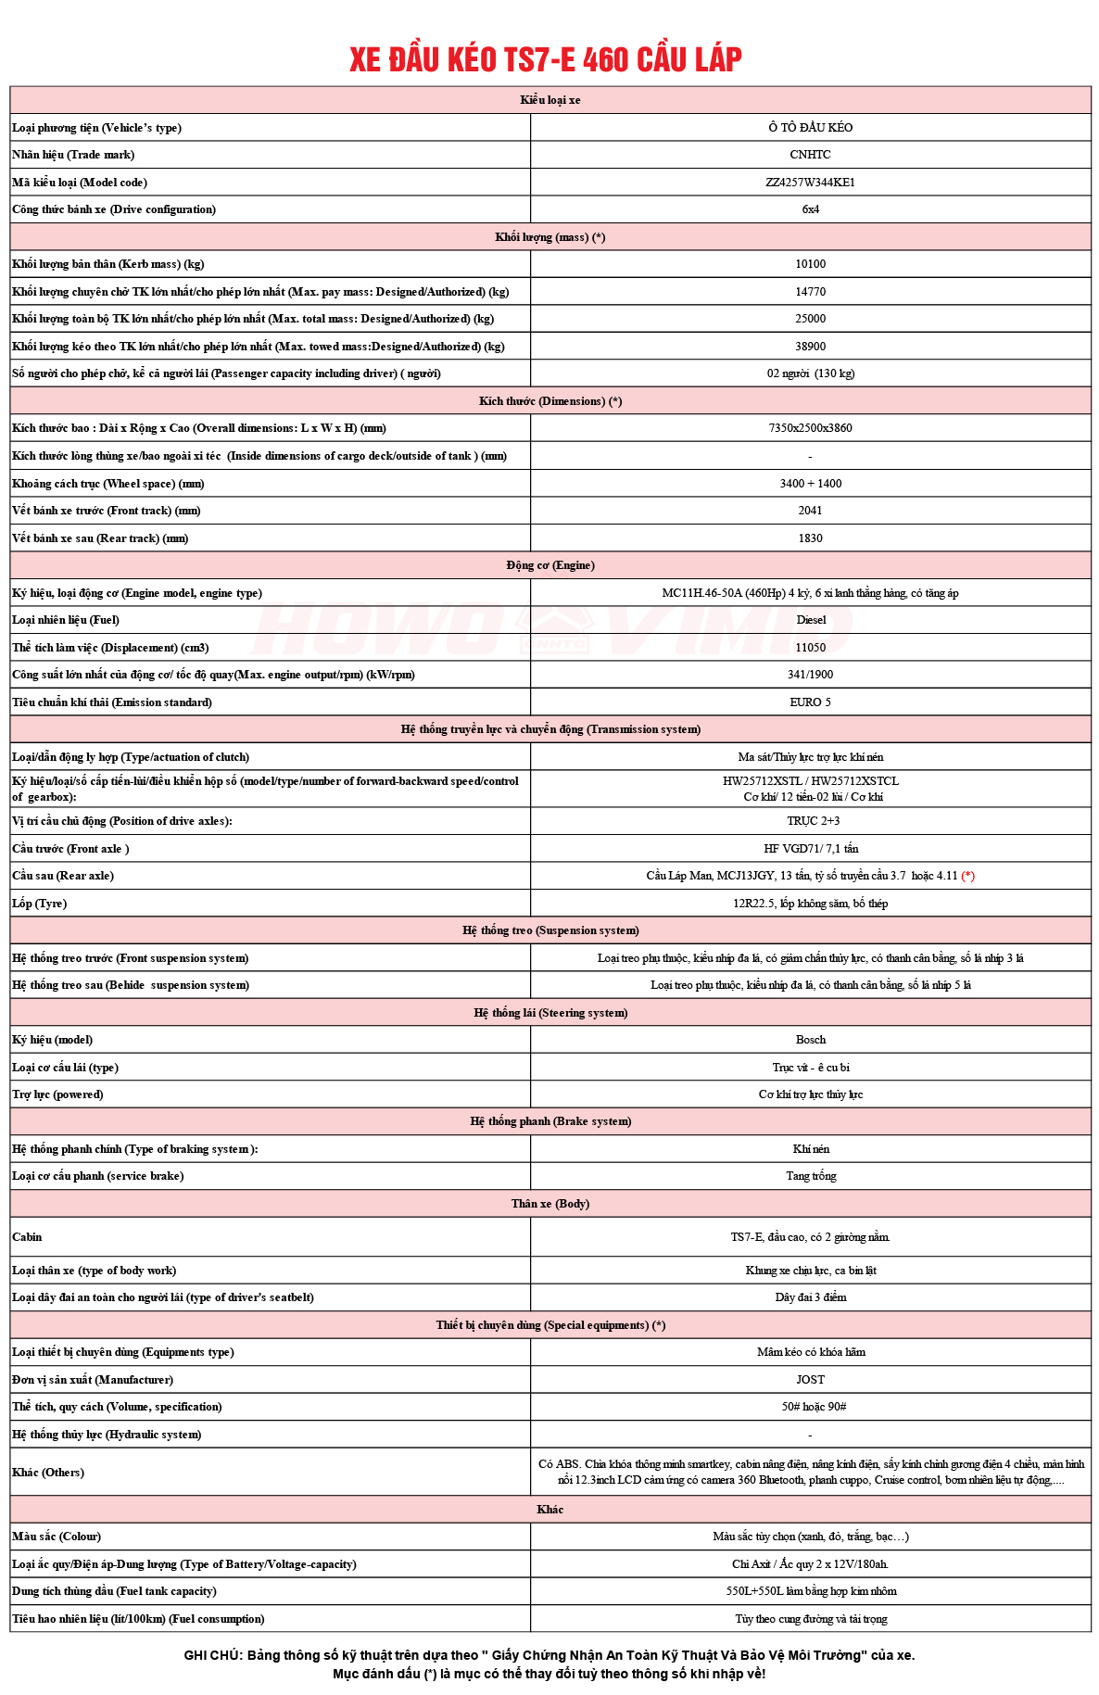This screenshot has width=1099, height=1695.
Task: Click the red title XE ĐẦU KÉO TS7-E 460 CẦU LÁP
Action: point(546,59)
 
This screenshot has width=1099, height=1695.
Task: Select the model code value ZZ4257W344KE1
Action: point(810,183)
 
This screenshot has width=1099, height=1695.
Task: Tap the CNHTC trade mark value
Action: point(810,155)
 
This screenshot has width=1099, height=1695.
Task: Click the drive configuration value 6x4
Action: point(810,209)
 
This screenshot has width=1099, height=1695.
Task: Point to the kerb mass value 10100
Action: point(810,264)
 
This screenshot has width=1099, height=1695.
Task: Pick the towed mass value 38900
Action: point(810,347)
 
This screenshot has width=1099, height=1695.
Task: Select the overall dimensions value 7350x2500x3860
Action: point(810,428)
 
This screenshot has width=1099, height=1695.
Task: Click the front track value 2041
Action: point(810,511)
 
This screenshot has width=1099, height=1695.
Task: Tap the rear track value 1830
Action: point(810,538)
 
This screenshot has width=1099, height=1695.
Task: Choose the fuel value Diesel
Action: point(811,620)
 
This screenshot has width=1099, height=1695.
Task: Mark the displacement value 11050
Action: point(810,648)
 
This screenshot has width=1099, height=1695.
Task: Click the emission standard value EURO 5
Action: point(810,702)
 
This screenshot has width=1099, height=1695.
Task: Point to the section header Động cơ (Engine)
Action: point(550,565)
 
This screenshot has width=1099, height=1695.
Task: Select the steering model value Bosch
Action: point(810,1040)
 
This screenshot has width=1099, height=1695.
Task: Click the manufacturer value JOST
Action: point(810,1380)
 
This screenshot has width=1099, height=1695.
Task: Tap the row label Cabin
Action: point(27,1237)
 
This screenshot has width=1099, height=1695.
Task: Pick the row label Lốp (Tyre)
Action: point(39,904)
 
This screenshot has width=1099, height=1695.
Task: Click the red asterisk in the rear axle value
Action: point(967,876)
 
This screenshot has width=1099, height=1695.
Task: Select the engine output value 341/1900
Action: point(810,675)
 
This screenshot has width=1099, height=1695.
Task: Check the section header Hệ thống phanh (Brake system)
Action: point(550,1121)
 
